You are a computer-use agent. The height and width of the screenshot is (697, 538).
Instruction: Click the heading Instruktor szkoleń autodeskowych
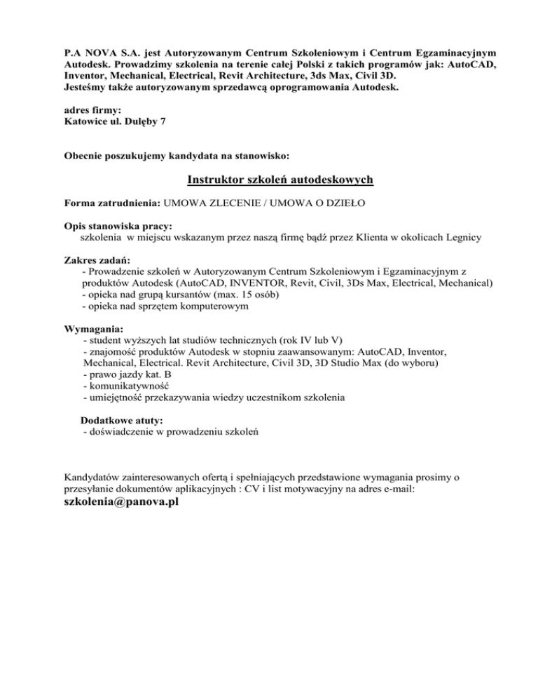[280, 180]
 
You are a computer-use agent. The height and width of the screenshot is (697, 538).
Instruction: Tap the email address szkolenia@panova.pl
[120, 505]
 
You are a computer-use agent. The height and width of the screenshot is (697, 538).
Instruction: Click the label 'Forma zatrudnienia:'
[111, 203]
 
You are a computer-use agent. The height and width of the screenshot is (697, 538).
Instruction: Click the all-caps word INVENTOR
[264, 283]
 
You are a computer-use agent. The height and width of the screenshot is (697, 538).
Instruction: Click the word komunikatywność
[129, 386]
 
